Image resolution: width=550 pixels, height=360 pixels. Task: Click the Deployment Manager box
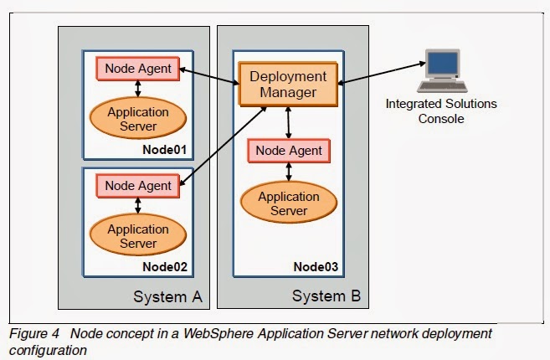[x=288, y=84]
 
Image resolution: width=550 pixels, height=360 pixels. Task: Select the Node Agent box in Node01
[x=137, y=69]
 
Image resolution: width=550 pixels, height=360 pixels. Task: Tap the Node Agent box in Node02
[x=137, y=186]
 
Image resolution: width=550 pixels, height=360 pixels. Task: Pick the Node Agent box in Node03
[x=288, y=151]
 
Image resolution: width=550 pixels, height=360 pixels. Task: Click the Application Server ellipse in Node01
[x=137, y=119]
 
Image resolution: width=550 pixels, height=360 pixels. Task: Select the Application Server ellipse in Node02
[x=137, y=236]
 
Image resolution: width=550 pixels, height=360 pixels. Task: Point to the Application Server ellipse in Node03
[x=288, y=203]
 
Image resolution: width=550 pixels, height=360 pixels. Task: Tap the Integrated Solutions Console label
[x=440, y=111]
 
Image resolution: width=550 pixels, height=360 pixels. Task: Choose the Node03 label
[x=316, y=267]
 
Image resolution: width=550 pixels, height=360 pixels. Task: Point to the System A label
[x=167, y=296]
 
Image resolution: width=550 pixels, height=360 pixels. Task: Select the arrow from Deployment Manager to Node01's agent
[x=209, y=75]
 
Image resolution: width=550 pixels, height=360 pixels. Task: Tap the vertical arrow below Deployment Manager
[x=288, y=122]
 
